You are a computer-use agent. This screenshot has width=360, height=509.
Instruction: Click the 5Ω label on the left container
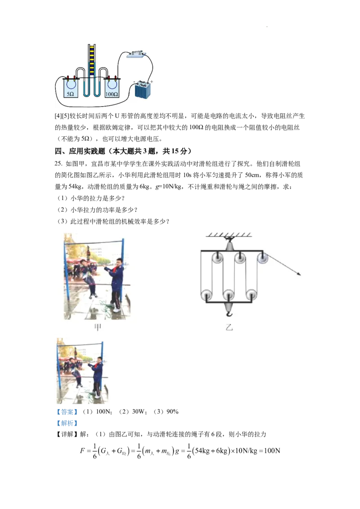tap(71, 94)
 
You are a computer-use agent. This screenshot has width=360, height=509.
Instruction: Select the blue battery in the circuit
tap(143, 90)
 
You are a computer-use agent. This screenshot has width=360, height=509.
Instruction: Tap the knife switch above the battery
tap(135, 54)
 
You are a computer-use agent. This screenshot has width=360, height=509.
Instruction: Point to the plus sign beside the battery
tap(152, 82)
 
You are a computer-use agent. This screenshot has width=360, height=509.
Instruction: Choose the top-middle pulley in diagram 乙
tap(240, 259)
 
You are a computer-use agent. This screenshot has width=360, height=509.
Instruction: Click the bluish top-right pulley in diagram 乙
tap(262, 258)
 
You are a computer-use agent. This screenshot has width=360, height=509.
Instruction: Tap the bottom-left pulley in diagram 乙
tap(207, 295)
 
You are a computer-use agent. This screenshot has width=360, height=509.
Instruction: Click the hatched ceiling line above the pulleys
tap(229, 235)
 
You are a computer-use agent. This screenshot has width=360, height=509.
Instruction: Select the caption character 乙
tap(229, 327)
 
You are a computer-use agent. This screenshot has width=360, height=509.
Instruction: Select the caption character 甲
tap(97, 327)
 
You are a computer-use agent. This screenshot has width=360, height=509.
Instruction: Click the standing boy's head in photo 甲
tap(118, 262)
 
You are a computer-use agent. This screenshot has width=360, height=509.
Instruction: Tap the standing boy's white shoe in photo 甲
tap(117, 309)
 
